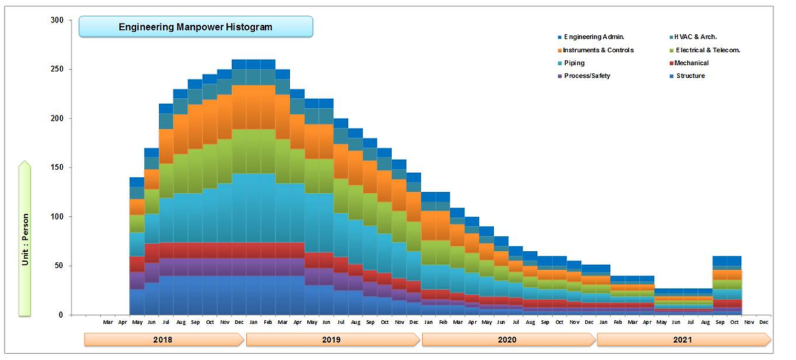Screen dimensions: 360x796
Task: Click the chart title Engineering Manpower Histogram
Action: [195, 27]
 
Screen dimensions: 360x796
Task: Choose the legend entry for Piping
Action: [574, 63]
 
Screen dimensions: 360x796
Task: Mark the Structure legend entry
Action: [690, 76]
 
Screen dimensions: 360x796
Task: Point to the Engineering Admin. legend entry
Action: [594, 37]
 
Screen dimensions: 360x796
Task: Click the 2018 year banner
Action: [163, 340]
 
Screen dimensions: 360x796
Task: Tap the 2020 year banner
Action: [507, 340]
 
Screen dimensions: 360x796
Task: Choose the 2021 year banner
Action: [682, 340]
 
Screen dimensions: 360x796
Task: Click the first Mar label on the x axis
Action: [108, 322]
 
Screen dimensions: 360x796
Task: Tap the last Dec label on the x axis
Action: [764, 322]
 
